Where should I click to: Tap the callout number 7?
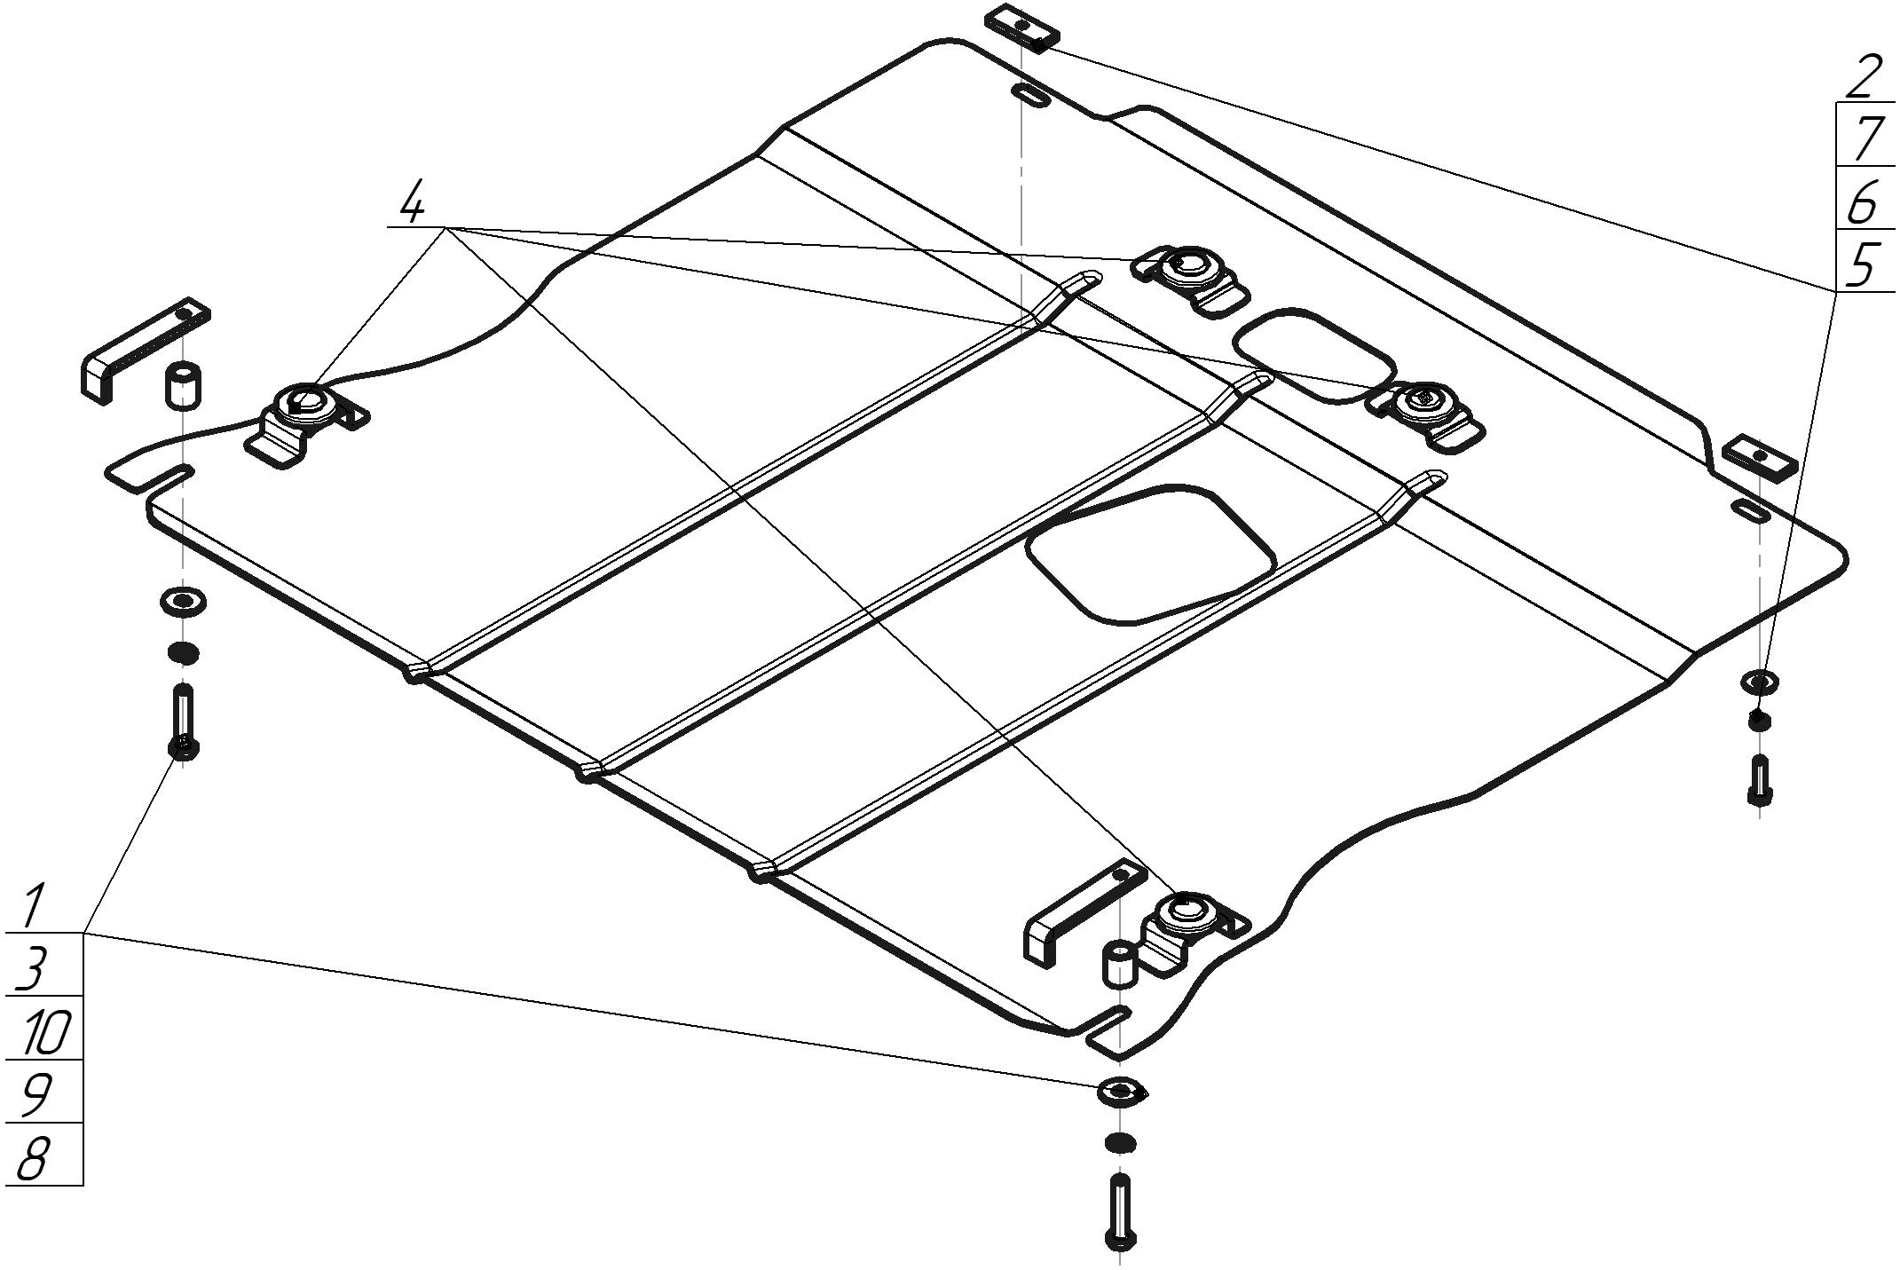[1865, 138]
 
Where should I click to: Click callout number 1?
[33, 904]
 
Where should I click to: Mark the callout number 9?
[35, 1094]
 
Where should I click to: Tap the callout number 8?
[33, 1157]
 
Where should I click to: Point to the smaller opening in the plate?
[1313, 355]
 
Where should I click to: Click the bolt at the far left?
[183, 721]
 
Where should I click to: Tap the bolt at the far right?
[1759, 779]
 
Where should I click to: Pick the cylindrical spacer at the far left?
[181, 384]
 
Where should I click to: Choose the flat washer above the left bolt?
[183, 602]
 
